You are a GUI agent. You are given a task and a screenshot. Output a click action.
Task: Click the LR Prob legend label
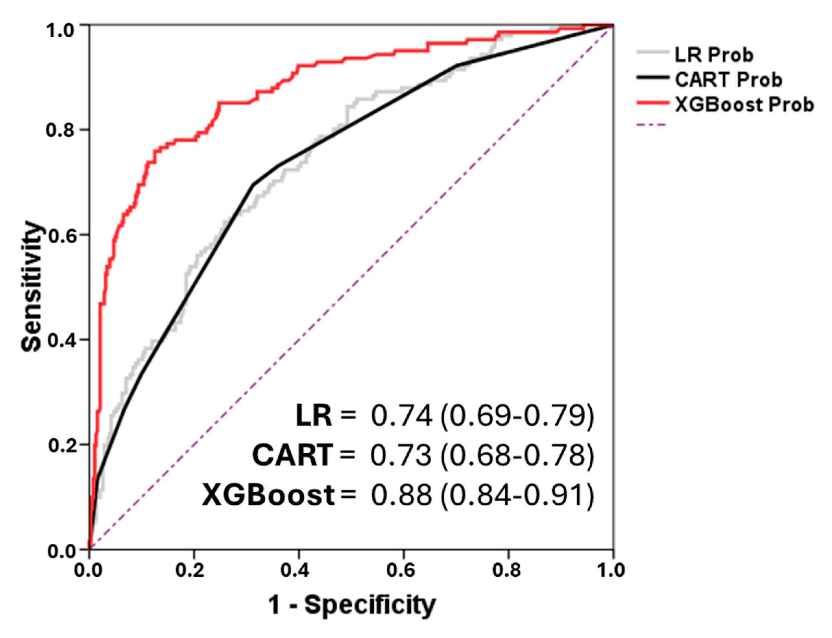713,56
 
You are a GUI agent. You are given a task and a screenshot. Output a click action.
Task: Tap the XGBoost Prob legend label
744,105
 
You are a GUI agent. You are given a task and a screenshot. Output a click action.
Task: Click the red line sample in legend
652,102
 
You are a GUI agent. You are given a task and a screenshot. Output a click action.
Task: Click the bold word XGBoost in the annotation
268,495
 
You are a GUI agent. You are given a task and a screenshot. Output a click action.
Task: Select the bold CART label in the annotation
292,455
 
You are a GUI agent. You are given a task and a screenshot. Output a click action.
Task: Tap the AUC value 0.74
401,416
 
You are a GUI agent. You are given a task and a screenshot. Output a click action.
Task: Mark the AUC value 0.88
401,495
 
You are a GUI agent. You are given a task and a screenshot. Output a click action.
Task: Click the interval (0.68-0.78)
517,455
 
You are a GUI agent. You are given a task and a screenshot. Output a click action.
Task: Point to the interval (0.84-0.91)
517,495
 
